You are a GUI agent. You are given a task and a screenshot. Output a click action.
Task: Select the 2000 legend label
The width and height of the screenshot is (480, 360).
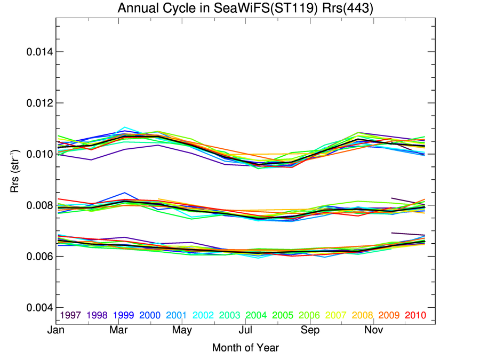150,315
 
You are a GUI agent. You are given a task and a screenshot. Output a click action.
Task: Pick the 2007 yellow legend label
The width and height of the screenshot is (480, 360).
335,315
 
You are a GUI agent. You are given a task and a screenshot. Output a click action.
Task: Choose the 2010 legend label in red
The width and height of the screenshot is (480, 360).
415,315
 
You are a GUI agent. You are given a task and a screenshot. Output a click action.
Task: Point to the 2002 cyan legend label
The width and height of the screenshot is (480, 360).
203,315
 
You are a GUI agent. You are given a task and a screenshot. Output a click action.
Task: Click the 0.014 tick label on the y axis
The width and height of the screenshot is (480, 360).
39,52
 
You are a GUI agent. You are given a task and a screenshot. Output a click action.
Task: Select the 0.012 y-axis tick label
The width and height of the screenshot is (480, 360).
39,103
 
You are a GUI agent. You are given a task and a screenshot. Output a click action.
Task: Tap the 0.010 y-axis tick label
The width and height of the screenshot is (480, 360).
39,154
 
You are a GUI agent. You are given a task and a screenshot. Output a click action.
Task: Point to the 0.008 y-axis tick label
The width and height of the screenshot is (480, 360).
39,205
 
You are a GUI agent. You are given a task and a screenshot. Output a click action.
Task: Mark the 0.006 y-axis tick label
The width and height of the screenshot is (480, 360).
39,257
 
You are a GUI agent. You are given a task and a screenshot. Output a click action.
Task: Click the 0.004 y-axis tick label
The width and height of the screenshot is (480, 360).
39,308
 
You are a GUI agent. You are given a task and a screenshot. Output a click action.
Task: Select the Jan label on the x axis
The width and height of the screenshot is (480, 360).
56,331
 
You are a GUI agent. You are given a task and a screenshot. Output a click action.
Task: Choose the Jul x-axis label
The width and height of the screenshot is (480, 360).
245,331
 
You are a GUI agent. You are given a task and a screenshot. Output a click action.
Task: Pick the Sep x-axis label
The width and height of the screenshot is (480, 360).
310,331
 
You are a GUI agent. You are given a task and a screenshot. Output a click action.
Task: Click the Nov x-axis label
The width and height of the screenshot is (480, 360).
373,331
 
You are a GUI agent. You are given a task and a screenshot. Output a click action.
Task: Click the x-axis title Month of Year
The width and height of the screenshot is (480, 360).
245,348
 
